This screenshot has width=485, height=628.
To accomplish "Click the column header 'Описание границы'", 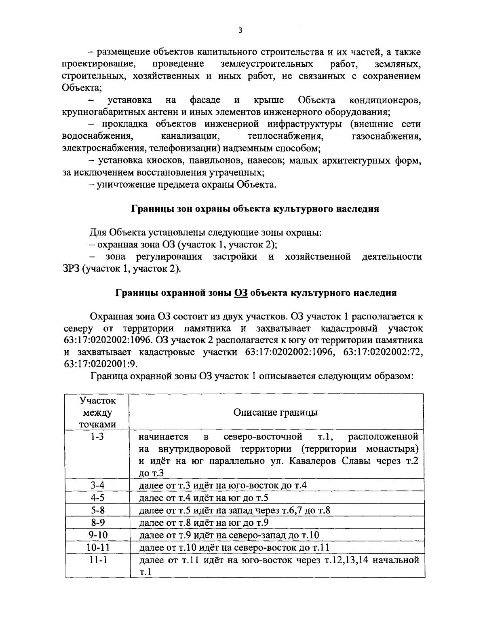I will (276, 412).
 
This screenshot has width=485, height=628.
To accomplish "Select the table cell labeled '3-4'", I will (97, 485).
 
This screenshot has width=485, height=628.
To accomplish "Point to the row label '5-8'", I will (97, 510).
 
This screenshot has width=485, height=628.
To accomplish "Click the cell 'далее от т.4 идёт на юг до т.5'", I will (203, 498).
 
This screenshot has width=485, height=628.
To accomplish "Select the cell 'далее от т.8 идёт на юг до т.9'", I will (203, 523).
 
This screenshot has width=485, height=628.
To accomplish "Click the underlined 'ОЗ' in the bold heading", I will (241, 293).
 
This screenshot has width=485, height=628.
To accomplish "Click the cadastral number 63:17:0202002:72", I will (383, 352).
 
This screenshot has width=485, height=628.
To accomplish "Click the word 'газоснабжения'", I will (387, 136).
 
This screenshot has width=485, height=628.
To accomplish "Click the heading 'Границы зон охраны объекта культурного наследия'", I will (255, 209).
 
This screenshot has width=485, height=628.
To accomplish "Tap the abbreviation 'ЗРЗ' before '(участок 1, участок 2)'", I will (72, 269).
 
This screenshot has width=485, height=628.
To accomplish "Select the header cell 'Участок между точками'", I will (97, 412).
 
